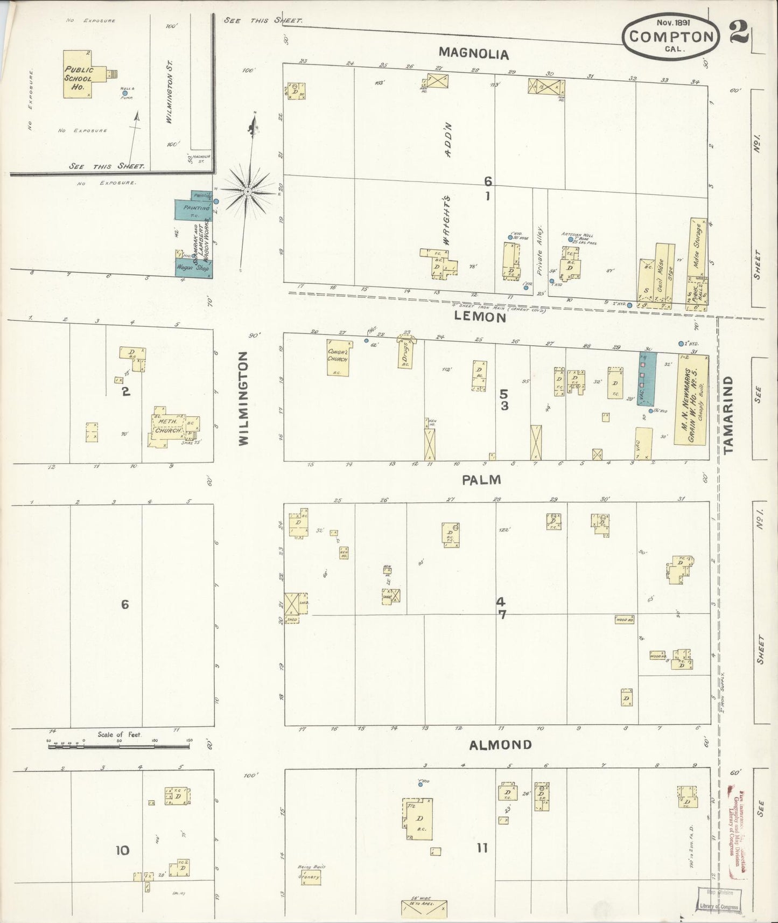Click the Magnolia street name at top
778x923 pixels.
(473, 53)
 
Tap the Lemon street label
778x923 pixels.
(480, 317)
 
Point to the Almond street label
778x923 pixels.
(500, 745)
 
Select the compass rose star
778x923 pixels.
(247, 192)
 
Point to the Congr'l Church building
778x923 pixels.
(338, 357)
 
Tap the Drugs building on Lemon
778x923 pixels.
(406, 354)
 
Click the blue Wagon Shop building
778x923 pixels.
(194, 268)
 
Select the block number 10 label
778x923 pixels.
(123, 850)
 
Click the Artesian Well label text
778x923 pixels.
(576, 234)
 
